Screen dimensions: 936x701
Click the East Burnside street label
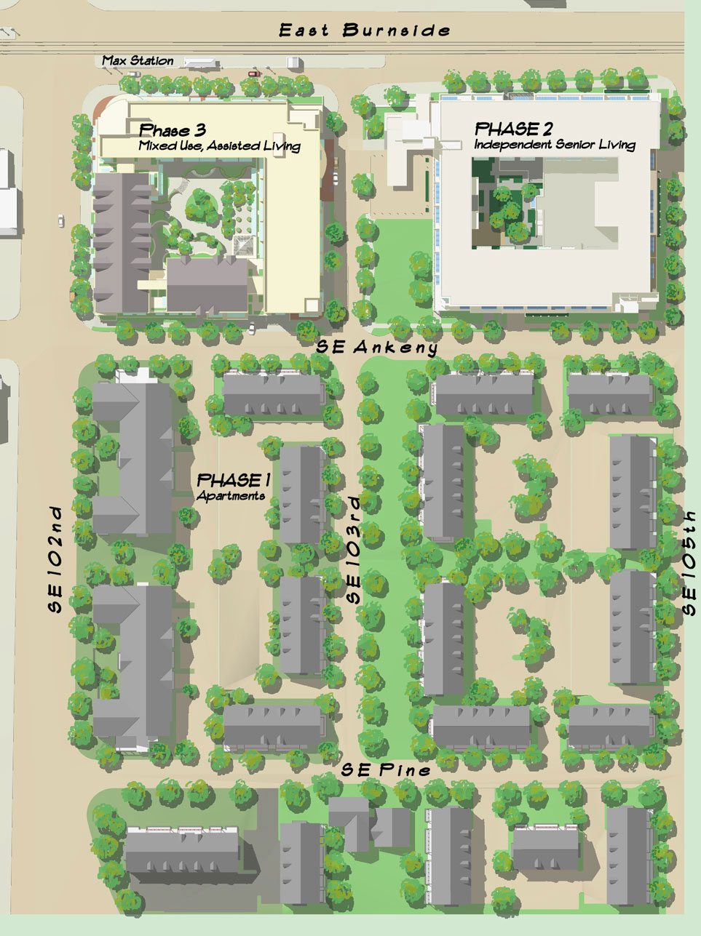tap(365, 31)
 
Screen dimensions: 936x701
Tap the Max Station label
tap(138, 61)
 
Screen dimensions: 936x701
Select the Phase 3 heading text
tap(172, 131)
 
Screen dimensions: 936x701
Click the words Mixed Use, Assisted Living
tap(219, 146)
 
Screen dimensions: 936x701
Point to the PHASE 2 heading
tap(513, 129)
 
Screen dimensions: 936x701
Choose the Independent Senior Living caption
tap(555, 145)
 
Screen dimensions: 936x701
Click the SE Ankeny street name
tap(377, 348)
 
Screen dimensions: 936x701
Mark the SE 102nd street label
tap(58, 559)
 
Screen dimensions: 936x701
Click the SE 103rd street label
tap(354, 549)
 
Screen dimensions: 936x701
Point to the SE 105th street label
tap(689, 561)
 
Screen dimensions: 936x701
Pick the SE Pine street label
tap(387, 769)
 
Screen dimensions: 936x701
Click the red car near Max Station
tap(253, 73)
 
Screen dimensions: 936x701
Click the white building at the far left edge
tap(8, 193)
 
